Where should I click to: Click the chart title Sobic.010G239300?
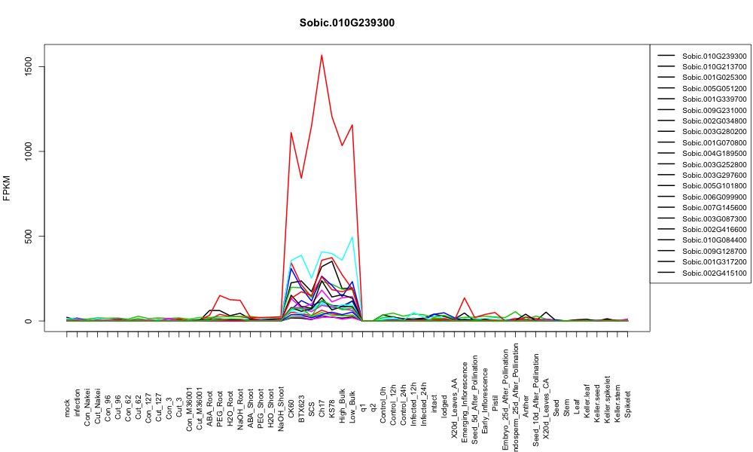346,23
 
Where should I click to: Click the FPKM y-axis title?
7,188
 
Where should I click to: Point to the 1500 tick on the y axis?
29,67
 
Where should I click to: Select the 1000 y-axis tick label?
29,151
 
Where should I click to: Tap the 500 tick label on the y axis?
29,237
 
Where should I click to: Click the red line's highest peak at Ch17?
322,55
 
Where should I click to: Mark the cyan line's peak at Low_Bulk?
352,237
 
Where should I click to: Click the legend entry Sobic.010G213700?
714,67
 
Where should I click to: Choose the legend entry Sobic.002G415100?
714,273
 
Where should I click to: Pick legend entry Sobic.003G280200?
714,132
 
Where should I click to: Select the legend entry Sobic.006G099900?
714,197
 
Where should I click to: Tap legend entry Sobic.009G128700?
714,251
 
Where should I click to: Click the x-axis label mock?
67,408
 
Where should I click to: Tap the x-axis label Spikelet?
628,404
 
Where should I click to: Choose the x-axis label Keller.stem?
617,400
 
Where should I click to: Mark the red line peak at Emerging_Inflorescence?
465,298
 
